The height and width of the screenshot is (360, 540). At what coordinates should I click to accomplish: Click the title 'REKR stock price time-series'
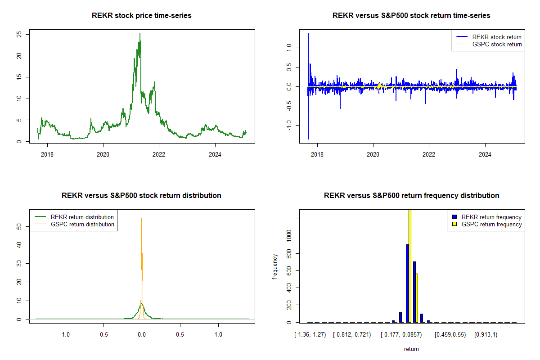coord(142,16)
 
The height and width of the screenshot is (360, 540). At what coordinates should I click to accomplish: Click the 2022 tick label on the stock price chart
coord(159,153)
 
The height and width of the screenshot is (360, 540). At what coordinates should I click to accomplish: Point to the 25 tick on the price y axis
coord(20,34)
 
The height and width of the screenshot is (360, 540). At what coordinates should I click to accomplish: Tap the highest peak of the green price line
coord(140,34)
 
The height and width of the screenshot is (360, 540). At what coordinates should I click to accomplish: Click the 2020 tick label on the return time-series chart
coord(373,153)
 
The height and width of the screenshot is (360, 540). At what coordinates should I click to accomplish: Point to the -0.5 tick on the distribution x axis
coord(103,335)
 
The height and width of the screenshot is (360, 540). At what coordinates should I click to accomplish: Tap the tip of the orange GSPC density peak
coord(142,217)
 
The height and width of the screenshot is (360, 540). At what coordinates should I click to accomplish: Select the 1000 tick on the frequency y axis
coord(289,236)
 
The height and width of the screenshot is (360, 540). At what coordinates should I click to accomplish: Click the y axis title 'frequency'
coord(275,267)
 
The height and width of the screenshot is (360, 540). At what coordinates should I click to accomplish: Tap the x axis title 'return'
coord(411,349)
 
